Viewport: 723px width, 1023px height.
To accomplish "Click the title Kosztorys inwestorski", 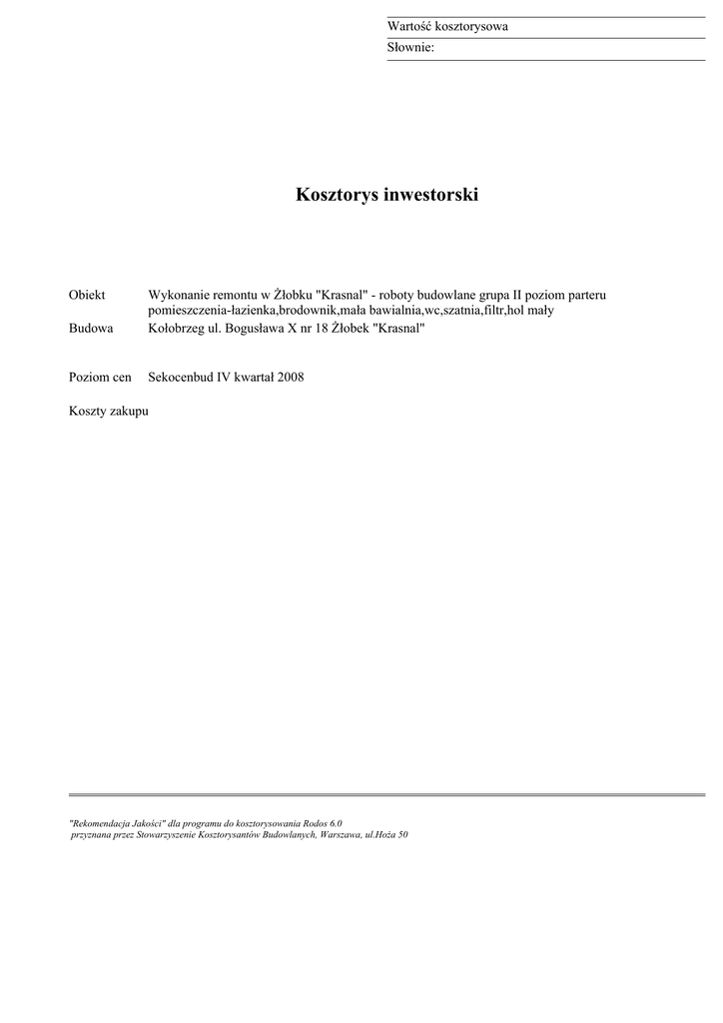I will pos(386,195).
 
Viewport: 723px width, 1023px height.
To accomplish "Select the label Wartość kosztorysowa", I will pos(447,26).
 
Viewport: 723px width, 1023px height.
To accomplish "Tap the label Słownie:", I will pos(410,47).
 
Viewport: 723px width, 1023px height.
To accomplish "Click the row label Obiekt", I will pos(87,295).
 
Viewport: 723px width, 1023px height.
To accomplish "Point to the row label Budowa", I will pos(90,328).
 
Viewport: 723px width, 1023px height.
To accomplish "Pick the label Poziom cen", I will pos(100,378).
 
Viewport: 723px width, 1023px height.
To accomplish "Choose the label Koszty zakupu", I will pos(108,411).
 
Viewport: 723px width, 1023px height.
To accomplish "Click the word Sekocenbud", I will pos(180,378).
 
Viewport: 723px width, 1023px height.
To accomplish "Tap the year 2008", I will pos(290,378).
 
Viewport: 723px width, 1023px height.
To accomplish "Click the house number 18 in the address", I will pos(321,328).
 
